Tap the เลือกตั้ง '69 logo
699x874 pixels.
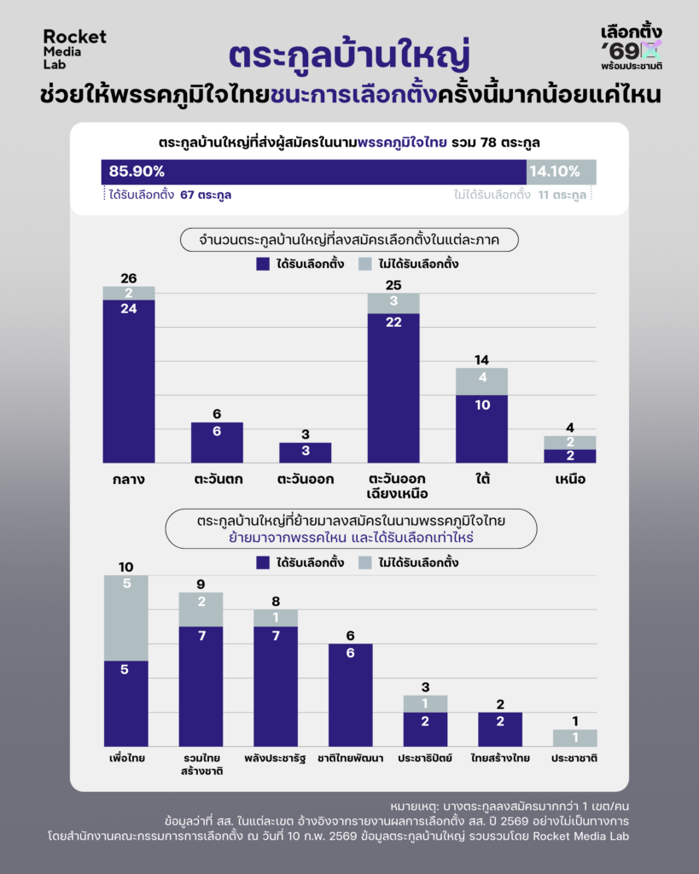click(632, 46)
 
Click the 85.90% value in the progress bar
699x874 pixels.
click(137, 172)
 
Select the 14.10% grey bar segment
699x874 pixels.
click(561, 172)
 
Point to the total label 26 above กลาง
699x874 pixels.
click(129, 278)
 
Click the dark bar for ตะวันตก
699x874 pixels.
click(217, 442)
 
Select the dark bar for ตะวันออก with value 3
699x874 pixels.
click(305, 452)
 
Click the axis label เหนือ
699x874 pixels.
click(569, 480)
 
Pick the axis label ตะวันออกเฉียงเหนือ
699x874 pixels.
click(393, 487)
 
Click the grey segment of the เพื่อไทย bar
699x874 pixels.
click(126, 617)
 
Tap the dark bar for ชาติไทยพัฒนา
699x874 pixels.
click(350, 695)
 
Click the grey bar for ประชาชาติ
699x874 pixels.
click(574, 737)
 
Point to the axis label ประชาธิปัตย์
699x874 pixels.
click(425, 758)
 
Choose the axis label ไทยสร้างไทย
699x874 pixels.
click(499, 758)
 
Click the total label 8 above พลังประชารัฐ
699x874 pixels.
click(276, 601)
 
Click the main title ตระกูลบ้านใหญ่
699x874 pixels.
click(350, 53)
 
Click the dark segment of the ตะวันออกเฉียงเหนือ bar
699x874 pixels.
click(393, 387)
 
